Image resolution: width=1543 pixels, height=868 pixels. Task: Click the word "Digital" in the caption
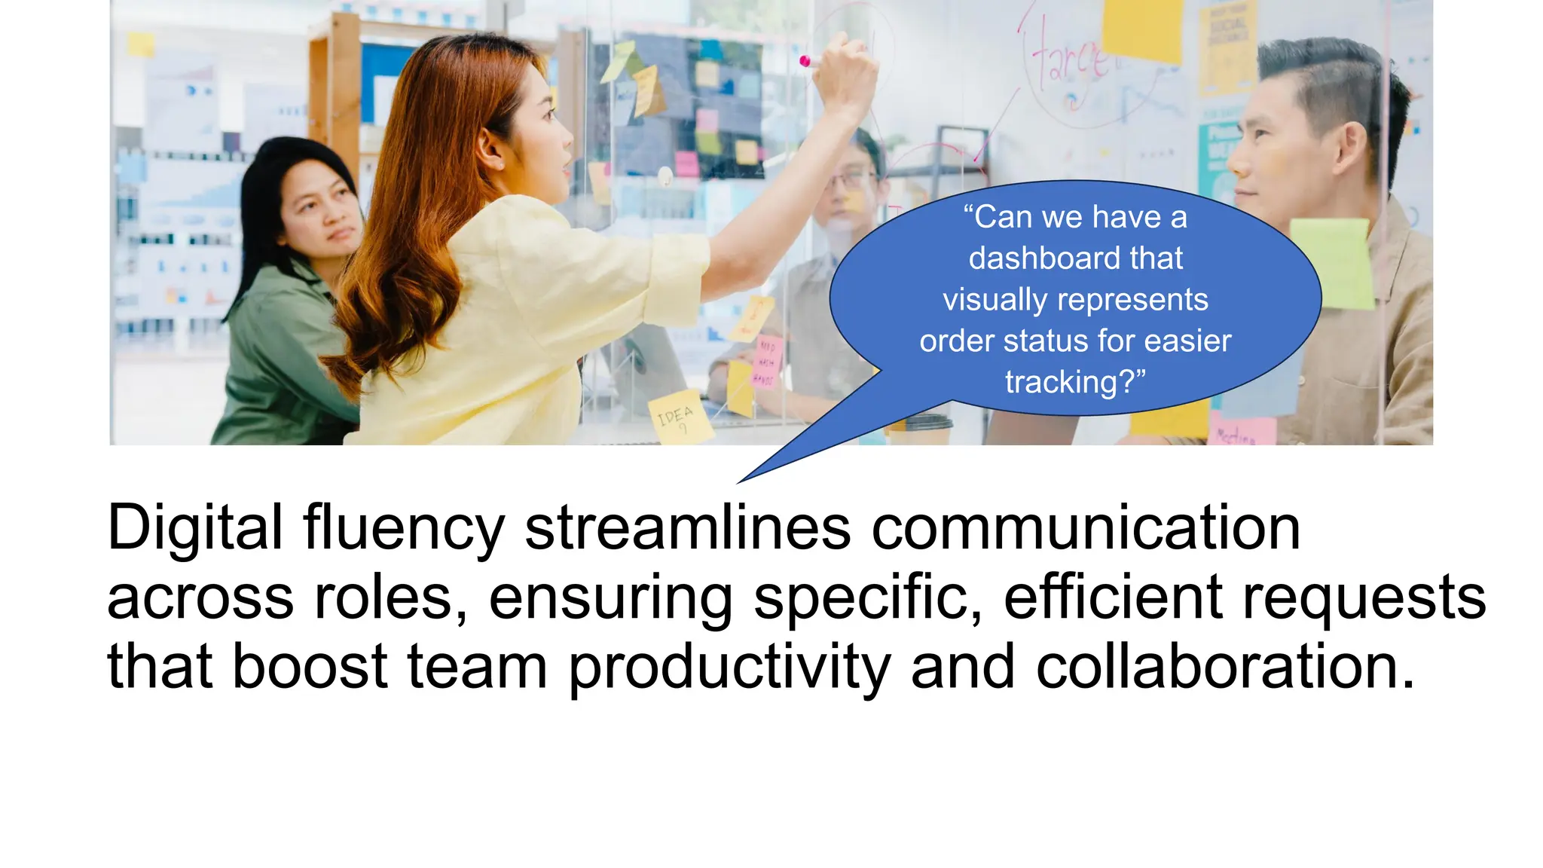click(x=195, y=527)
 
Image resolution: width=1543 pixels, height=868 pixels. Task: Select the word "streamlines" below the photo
click(x=687, y=527)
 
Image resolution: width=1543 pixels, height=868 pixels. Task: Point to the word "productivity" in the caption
click(x=729, y=668)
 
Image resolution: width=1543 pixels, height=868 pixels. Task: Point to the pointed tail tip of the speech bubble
click(x=739, y=482)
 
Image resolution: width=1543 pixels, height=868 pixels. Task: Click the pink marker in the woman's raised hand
click(x=805, y=60)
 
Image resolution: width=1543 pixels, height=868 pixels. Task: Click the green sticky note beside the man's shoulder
click(x=1332, y=263)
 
